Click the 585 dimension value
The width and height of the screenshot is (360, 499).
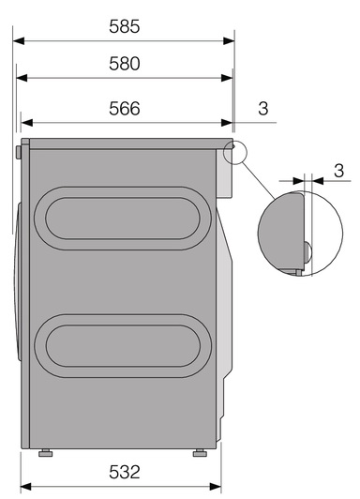tap(125, 26)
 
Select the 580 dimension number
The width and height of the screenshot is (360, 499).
tap(125, 64)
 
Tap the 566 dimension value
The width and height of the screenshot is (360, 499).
tap(125, 109)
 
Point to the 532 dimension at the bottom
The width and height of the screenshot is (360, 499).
tap(125, 472)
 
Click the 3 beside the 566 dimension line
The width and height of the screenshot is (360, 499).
tap(263, 109)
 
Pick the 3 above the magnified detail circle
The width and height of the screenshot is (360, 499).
tap(339, 171)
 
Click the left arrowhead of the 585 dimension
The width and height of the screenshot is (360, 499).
tap(19, 40)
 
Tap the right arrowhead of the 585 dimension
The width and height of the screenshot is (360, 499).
tap(229, 40)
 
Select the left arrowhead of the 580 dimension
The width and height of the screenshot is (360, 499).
tap(22, 78)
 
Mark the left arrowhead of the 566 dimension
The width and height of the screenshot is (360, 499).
tap(26, 123)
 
